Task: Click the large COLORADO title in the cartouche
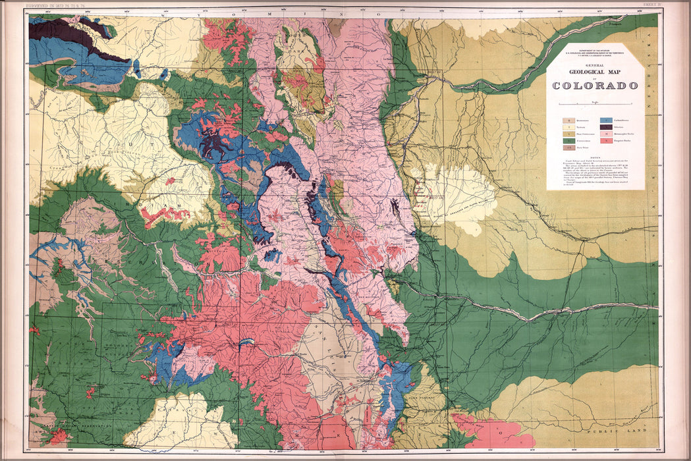click(x=595, y=86)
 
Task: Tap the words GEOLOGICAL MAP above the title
click(x=595, y=73)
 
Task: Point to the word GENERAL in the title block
click(x=595, y=65)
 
